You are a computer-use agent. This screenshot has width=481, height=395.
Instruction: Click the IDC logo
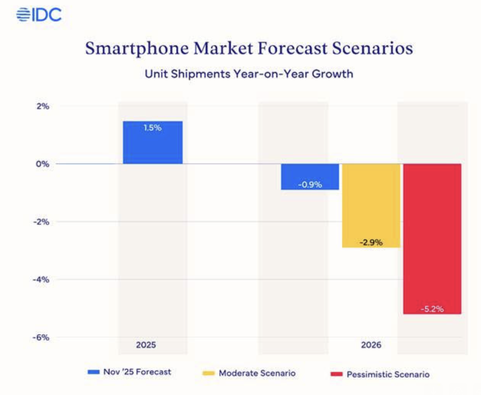pyautogui.click(x=39, y=15)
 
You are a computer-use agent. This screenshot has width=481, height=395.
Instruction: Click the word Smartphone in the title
pyautogui.click(x=137, y=49)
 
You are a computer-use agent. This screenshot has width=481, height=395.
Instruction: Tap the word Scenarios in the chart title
pyautogui.click(x=372, y=48)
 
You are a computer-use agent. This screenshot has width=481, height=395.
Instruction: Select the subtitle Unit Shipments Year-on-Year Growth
pyautogui.click(x=249, y=74)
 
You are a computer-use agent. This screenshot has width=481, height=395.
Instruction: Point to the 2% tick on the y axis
pyautogui.click(x=43, y=106)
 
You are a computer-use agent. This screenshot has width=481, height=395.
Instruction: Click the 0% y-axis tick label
pyautogui.click(x=43, y=164)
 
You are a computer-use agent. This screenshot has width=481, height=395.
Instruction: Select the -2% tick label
pyautogui.click(x=41, y=222)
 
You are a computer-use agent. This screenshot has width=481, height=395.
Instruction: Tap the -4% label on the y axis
pyautogui.click(x=41, y=280)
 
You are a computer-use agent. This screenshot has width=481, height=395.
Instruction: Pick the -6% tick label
pyautogui.click(x=41, y=337)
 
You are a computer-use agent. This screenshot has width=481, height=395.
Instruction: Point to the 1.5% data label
pyautogui.click(x=153, y=128)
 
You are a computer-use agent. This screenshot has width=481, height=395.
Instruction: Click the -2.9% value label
pyautogui.click(x=371, y=242)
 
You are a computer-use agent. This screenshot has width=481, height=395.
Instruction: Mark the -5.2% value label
pyautogui.click(x=432, y=309)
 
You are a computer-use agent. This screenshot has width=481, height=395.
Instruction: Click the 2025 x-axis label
pyautogui.click(x=146, y=345)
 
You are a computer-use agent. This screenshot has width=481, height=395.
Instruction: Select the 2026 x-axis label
pyautogui.click(x=371, y=345)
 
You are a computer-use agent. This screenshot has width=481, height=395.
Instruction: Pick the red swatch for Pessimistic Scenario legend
pyautogui.click(x=336, y=374)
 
